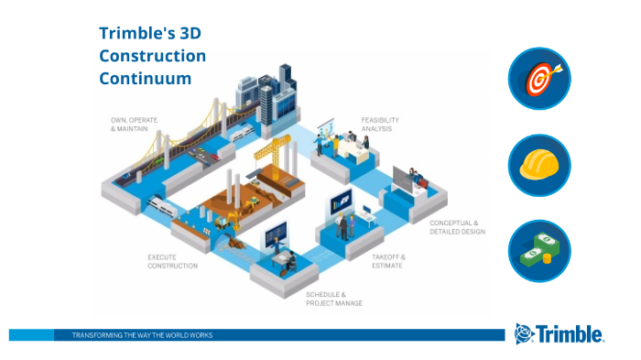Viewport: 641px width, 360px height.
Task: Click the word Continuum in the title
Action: tap(146, 79)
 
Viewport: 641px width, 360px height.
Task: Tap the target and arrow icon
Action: tap(539, 79)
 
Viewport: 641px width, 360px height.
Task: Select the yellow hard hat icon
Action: tap(539, 166)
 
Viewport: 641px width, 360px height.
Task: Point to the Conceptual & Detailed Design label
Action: tap(457, 226)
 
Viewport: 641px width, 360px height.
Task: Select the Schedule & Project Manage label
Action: tap(334, 298)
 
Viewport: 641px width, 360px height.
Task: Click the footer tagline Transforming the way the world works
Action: tap(142, 335)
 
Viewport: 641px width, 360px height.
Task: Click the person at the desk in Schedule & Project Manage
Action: tap(287, 259)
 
